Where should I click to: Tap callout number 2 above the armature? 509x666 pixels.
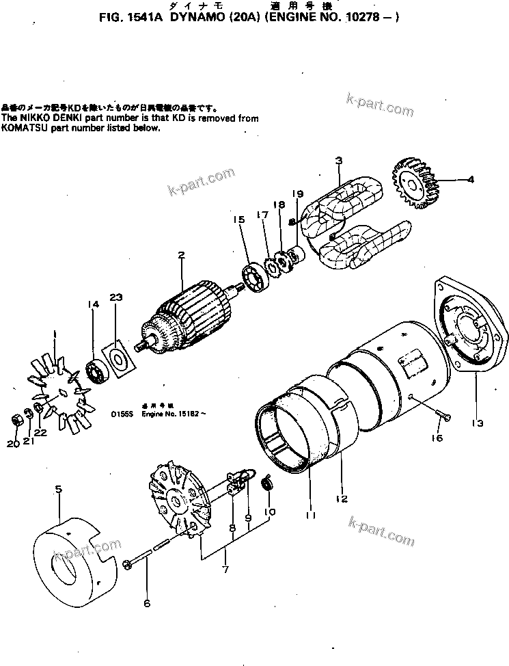[x=181, y=256]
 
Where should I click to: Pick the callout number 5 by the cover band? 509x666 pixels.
[x=58, y=489]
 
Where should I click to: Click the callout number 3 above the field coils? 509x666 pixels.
[x=338, y=161]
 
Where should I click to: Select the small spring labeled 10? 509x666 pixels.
[x=269, y=484]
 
